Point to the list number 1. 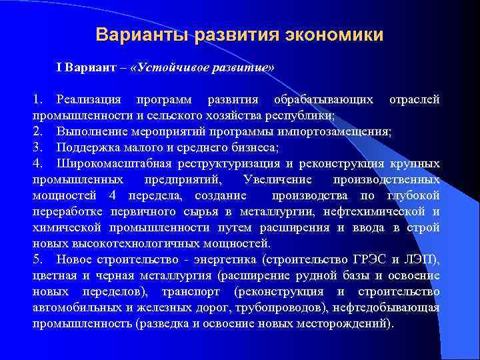pyautogui.click(x=37, y=100)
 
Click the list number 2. pyautogui.click(x=37, y=131)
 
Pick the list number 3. pyautogui.click(x=37, y=147)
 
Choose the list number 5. pyautogui.click(x=37, y=259)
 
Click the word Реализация pyautogui.click(x=89, y=100)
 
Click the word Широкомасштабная pyautogui.click(x=114, y=163)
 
